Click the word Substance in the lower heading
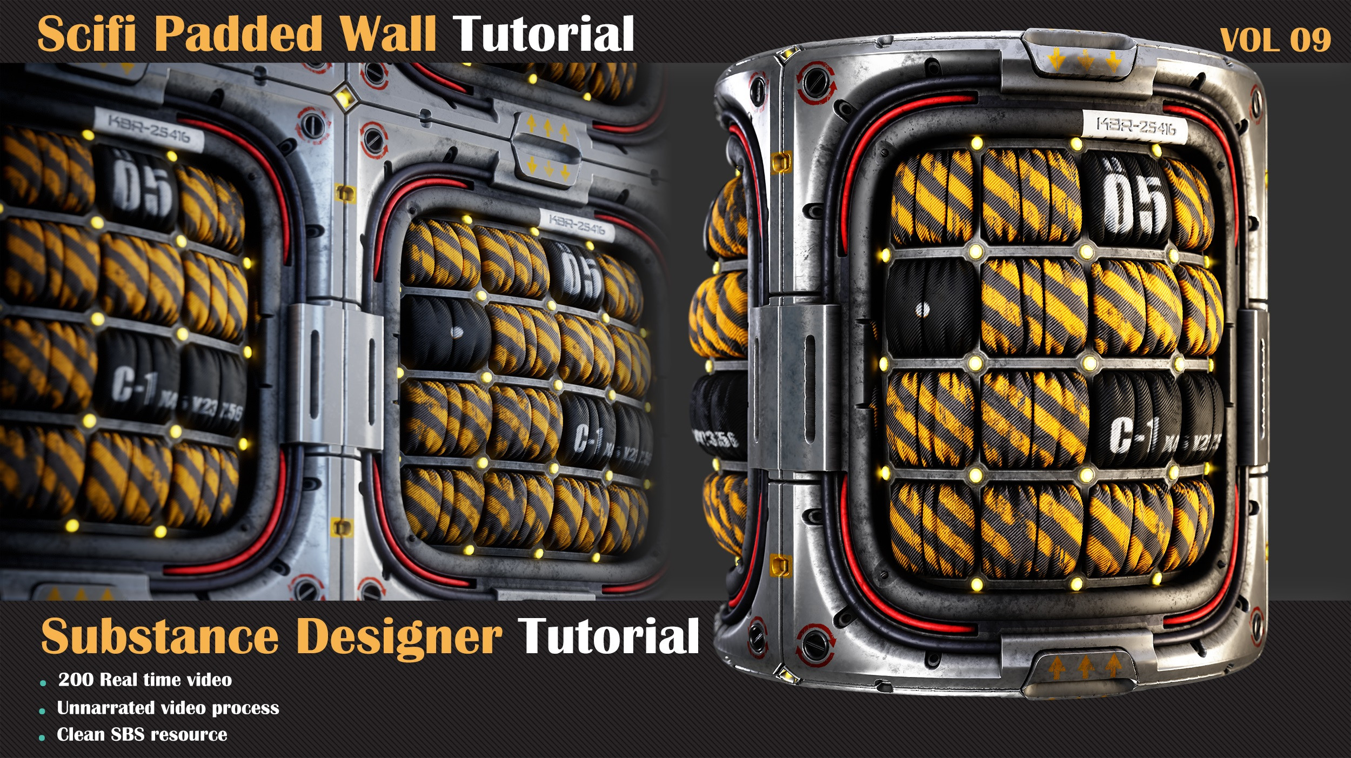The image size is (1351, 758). pyautogui.click(x=159, y=638)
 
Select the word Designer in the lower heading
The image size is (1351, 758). pyautogui.click(x=399, y=638)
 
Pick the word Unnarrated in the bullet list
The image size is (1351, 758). pyautogui.click(x=106, y=708)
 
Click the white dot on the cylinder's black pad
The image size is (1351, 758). pyautogui.click(x=924, y=310)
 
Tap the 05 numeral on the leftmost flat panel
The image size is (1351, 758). pyautogui.click(x=142, y=186)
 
